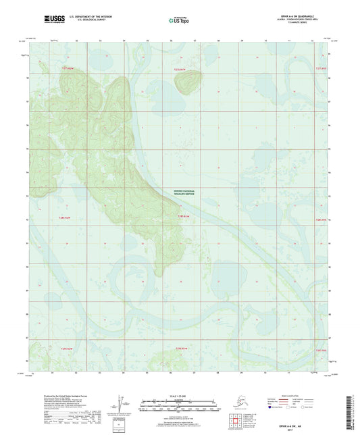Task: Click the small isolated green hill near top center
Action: coord(187,83)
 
